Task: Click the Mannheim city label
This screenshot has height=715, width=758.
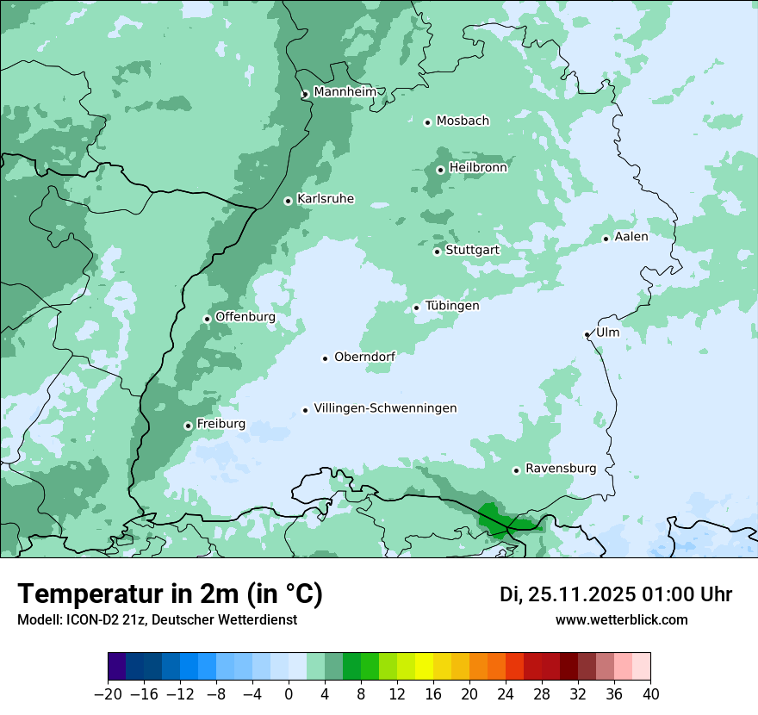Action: tap(345, 91)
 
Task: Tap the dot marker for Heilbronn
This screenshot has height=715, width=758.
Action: tap(440, 170)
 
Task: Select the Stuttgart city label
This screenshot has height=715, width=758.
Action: tap(472, 250)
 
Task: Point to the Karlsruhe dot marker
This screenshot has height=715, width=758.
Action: tap(288, 201)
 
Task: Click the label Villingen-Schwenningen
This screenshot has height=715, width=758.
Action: tap(385, 408)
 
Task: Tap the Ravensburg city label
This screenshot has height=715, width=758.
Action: tap(560, 469)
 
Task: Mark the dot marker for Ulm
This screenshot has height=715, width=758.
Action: tap(587, 334)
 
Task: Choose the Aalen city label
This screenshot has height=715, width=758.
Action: tap(631, 236)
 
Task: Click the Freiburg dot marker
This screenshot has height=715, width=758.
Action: tap(188, 426)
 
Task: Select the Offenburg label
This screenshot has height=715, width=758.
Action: tap(245, 317)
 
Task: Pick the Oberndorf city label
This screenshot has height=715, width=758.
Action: tap(364, 357)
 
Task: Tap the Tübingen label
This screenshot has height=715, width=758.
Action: tap(451, 306)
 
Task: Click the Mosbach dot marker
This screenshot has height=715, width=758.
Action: tap(427, 122)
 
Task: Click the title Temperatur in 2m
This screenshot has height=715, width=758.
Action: tap(171, 594)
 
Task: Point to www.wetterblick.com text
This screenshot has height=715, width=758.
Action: tap(621, 620)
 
